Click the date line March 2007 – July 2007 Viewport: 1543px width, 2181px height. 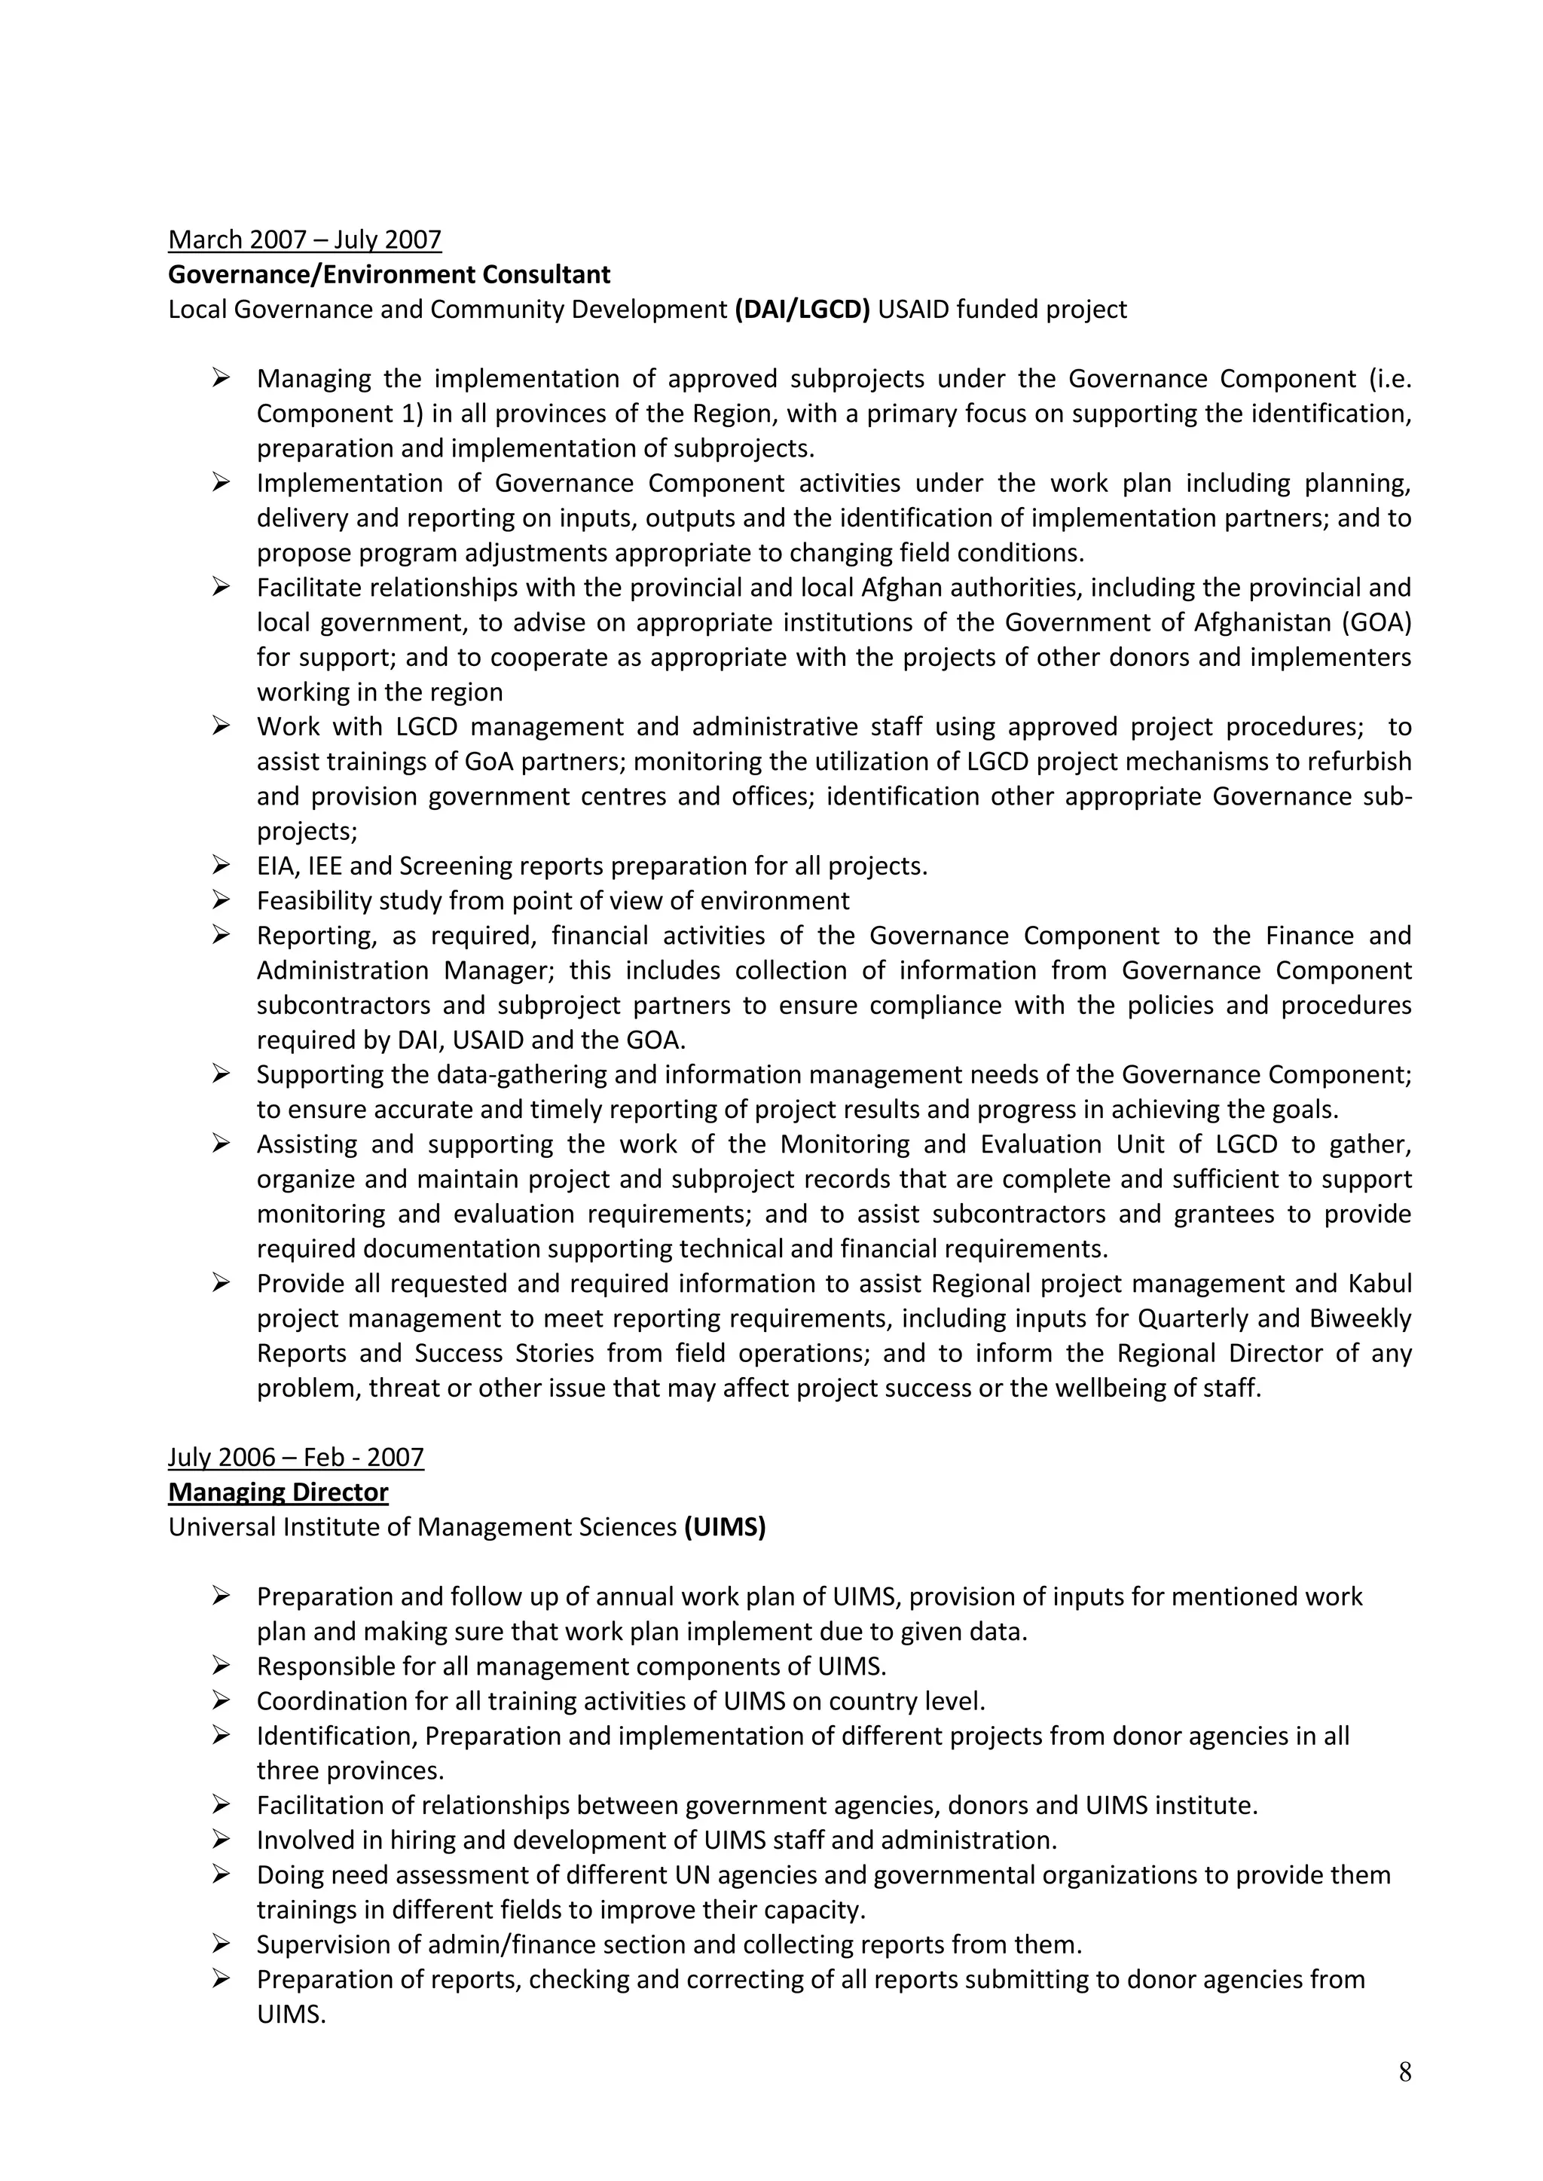(304, 240)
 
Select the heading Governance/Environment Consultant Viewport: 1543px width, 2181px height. (389, 274)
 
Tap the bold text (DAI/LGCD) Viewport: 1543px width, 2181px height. (802, 310)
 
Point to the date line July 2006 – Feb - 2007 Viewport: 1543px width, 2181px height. (295, 1457)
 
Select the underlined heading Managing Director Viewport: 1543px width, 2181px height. (277, 1492)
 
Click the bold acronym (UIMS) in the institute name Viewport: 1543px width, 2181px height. (724, 1528)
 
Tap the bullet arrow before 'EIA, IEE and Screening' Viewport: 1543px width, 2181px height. (221, 866)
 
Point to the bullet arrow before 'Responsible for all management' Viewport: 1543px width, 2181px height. (221, 1666)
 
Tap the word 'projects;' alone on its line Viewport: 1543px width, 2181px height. (307, 831)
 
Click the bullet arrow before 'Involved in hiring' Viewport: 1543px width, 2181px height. (221, 1840)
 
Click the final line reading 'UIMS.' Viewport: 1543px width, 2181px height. (291, 2014)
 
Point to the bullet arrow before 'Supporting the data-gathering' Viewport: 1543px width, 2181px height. (221, 1074)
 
